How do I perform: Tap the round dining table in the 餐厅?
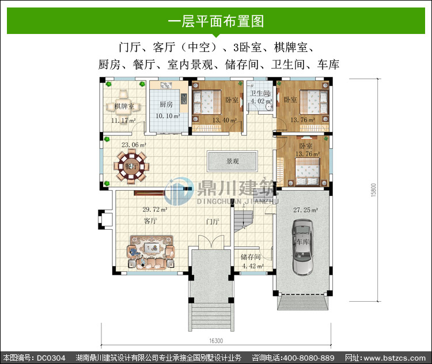point(131,166)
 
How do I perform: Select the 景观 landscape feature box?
point(233,161)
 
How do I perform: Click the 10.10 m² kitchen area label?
point(168,116)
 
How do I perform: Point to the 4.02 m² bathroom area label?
point(261,101)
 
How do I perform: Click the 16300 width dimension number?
point(216,341)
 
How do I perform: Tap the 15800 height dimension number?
point(374,190)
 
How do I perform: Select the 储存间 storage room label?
point(251,257)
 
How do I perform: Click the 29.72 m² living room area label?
point(155,210)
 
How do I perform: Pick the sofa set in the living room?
point(151,252)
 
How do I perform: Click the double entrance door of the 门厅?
point(211,242)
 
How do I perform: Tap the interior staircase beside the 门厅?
point(244,220)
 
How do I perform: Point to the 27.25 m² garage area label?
point(305,210)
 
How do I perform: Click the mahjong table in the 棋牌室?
point(123,106)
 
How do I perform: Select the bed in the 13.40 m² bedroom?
point(207,102)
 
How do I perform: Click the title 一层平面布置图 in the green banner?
point(216,21)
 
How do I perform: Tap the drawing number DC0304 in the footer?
point(51,358)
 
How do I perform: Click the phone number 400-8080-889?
point(309,358)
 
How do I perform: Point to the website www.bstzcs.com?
point(395,358)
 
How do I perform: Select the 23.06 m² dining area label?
point(134,145)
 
